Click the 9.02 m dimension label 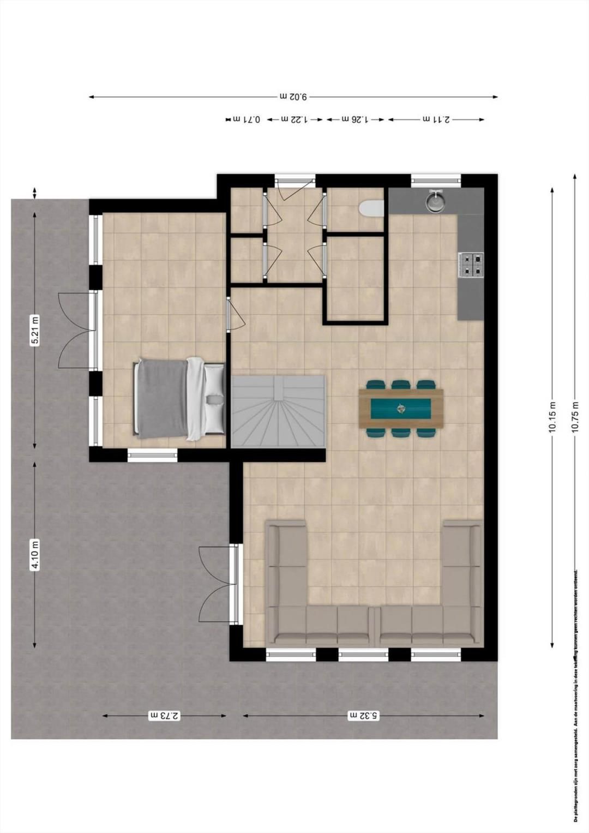pyautogui.click(x=294, y=97)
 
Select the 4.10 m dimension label pyautogui.click(x=35, y=554)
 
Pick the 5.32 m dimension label pyautogui.click(x=363, y=715)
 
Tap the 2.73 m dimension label pyautogui.click(x=164, y=715)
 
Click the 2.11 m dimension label pyautogui.click(x=436, y=119)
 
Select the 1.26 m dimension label pyautogui.click(x=355, y=119)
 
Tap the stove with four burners pyautogui.click(x=471, y=265)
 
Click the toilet pyautogui.click(x=372, y=208)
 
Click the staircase pyautogui.click(x=279, y=411)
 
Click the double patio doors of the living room pyautogui.click(x=218, y=584)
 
